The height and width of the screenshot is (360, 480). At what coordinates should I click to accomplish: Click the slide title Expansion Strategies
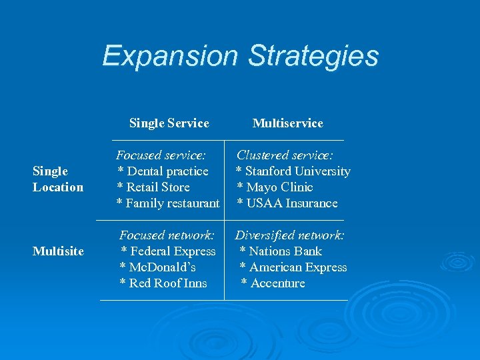coord(240,56)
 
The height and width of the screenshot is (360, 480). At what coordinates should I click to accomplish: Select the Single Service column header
coord(169,123)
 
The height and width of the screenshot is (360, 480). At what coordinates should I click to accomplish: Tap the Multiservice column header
coord(287,123)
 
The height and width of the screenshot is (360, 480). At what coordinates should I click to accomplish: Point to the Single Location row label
coord(58,179)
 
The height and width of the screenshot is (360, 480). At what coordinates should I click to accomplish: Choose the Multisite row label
coord(58,251)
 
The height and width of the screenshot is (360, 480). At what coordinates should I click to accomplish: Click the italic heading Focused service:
coord(161,155)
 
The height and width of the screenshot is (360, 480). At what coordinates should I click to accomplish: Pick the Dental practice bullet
coord(163,171)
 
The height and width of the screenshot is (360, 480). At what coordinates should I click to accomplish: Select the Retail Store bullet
coord(153,187)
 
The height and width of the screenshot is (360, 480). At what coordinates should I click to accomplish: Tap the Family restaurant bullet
coord(168,203)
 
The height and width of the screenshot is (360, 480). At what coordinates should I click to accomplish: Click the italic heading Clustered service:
coord(285,155)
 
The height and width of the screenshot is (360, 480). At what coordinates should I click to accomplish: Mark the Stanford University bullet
coord(293,171)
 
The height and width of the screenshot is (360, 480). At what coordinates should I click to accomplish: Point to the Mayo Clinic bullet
coord(275,187)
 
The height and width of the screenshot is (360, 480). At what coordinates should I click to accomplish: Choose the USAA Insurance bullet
coord(287,203)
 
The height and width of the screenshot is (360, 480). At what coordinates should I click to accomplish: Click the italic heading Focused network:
coord(167,235)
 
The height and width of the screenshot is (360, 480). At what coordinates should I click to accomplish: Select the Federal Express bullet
coord(168,251)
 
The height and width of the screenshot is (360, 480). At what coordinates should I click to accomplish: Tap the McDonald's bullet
coord(157,267)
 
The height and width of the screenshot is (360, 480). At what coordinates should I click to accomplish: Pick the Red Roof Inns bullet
coord(163,283)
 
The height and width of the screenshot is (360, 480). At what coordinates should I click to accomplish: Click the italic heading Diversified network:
coord(289,235)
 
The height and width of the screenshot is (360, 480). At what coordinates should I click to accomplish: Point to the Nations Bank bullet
coord(281,251)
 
